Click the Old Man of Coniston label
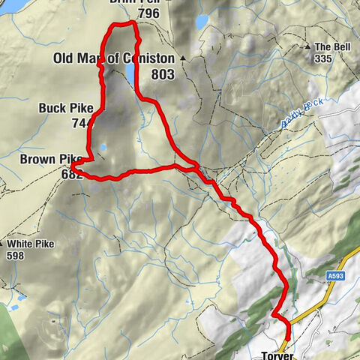pyautogui.click(x=114, y=58)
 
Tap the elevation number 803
pyautogui.click(x=162, y=74)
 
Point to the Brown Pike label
pyautogui.click(x=50, y=159)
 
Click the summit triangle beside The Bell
pyautogui.click(x=308, y=47)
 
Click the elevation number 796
pyautogui.click(x=149, y=13)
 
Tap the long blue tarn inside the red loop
pyautogui.click(x=130, y=73)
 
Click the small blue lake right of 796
pyautogui.click(x=202, y=22)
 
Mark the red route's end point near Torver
pyautogui.click(x=285, y=347)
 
